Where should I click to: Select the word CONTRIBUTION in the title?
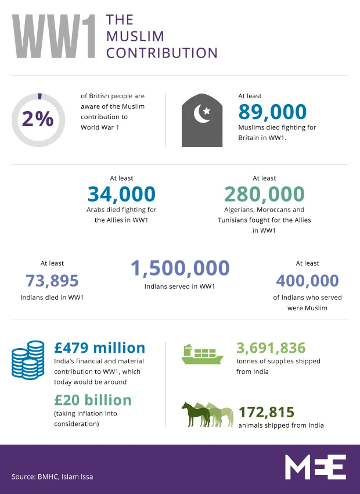click(x=162, y=53)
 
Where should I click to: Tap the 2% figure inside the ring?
click(x=38, y=119)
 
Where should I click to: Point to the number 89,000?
click(x=272, y=112)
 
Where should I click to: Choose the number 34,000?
click(x=121, y=194)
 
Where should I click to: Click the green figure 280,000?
click(x=264, y=194)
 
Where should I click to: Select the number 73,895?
click(x=52, y=281)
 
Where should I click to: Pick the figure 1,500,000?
click(x=180, y=269)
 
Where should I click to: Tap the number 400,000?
click(x=307, y=281)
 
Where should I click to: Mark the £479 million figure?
click(x=99, y=348)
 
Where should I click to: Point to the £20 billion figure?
click(x=93, y=400)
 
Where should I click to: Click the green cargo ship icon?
click(x=201, y=354)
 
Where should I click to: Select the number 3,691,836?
click(x=271, y=348)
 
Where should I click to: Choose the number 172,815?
click(x=267, y=412)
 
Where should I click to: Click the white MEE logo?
click(x=315, y=467)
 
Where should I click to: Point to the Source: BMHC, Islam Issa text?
click(x=52, y=477)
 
